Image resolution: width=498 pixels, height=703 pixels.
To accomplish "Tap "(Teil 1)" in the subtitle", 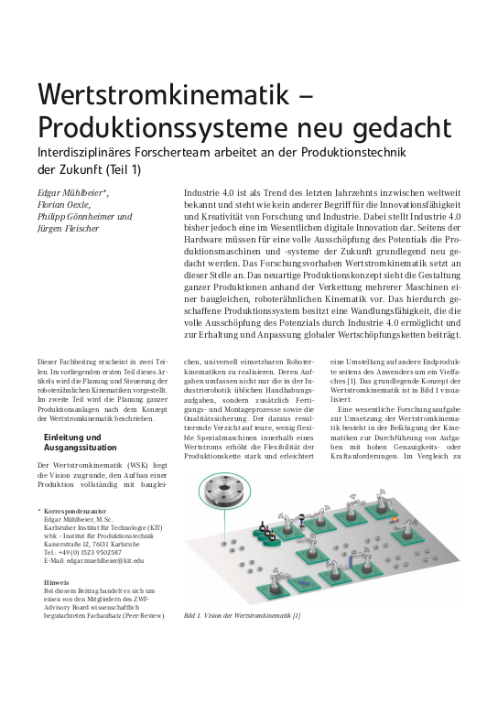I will [x=141, y=169].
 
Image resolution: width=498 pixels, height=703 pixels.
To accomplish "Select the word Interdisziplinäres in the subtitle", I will [x=80, y=152].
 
